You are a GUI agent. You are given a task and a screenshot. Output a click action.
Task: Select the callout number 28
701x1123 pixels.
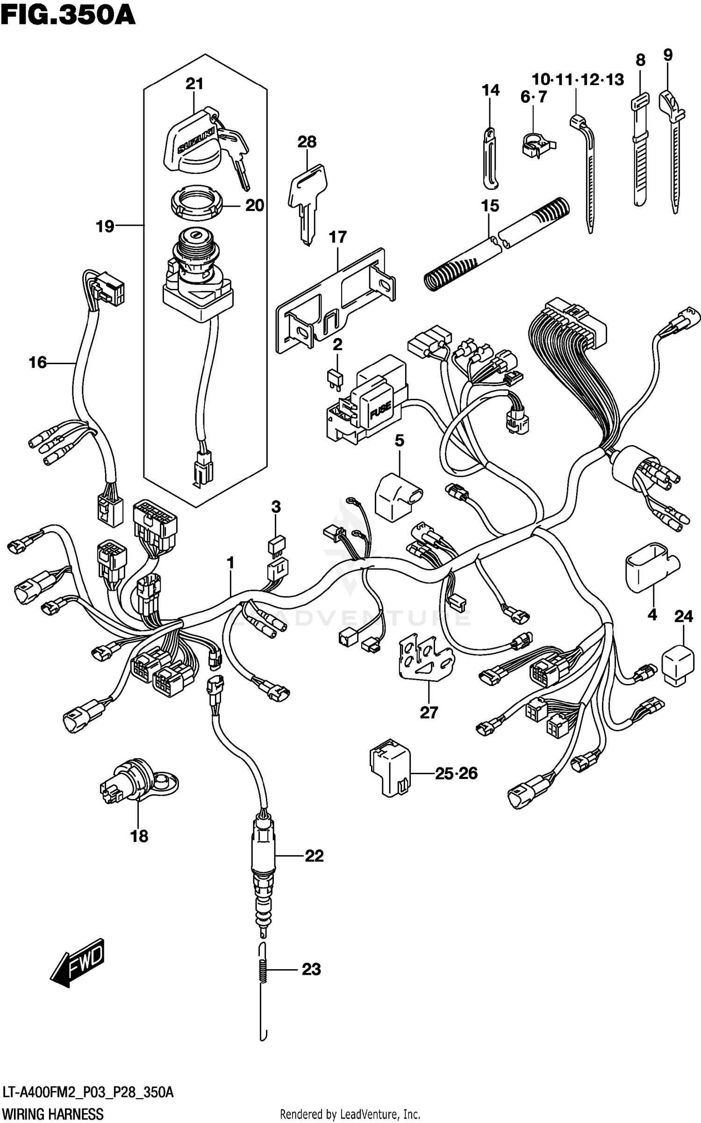tap(307, 142)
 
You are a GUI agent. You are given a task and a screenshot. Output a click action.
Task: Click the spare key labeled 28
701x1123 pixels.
tap(307, 199)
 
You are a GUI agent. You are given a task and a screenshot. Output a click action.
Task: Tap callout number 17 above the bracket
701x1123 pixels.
tap(337, 237)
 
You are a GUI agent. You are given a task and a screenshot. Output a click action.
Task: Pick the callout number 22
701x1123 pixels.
tap(314, 856)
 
